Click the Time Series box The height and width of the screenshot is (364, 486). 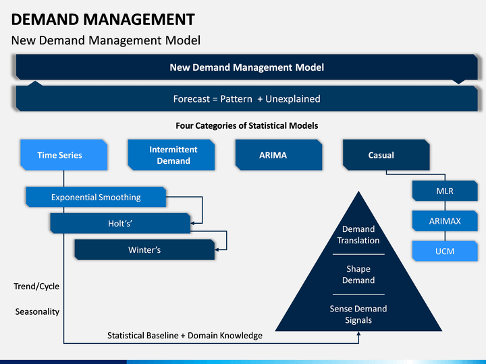point(64,155)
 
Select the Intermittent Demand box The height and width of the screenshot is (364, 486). point(171,155)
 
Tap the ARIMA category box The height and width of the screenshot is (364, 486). point(279,155)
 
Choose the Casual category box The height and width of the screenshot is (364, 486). point(386,155)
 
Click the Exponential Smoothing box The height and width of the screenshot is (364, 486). point(96,197)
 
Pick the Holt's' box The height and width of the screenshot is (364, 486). point(120,223)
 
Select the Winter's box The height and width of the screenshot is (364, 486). point(144,249)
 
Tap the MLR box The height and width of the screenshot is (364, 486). point(445,191)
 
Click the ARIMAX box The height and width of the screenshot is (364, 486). point(445,220)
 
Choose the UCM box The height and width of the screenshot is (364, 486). point(445,251)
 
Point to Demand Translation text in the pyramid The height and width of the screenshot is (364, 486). point(358,235)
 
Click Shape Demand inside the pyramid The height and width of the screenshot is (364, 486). point(358,274)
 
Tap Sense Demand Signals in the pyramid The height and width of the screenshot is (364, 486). point(358,314)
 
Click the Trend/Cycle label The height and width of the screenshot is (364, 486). point(36,286)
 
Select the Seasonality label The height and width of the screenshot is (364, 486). point(37,311)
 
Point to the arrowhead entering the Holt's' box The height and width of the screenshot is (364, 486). point(192,223)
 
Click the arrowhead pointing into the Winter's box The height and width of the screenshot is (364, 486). point(217,249)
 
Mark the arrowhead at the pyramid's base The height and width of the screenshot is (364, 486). point(358,334)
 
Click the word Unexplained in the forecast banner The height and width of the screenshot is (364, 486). point(293,98)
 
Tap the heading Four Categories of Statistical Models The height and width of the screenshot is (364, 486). point(247,125)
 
